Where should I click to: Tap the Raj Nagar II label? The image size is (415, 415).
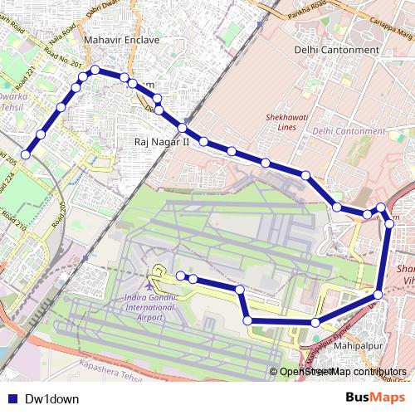[x=162, y=143]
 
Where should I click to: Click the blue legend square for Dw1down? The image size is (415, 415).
[x=11, y=398]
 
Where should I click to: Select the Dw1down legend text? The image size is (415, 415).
[x=51, y=398]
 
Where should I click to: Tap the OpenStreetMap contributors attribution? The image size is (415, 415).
[x=342, y=372]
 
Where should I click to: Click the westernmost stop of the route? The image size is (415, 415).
[x=27, y=154]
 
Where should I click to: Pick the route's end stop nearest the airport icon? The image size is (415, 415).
[x=180, y=276]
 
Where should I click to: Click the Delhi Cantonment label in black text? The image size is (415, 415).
[x=336, y=50]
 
